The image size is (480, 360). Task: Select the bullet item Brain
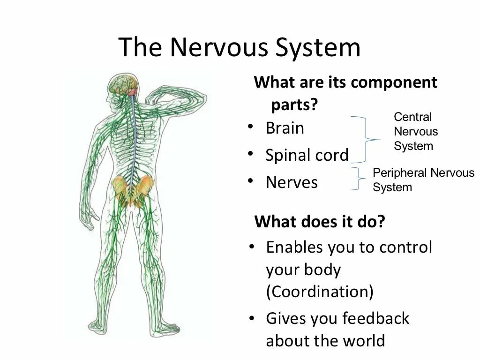285,128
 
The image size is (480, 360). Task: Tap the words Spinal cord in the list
307,155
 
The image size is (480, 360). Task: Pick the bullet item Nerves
292,182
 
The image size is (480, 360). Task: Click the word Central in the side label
412,117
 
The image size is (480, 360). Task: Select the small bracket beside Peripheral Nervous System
359,179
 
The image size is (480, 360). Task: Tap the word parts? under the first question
294,105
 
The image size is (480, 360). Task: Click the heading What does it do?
319,221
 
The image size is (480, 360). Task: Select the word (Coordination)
320,292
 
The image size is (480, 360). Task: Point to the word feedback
375,319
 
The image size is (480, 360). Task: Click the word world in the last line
364,341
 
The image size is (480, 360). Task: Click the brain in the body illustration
123,83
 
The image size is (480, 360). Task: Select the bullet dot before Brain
252,127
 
